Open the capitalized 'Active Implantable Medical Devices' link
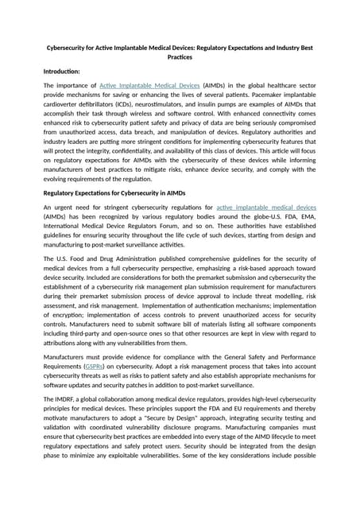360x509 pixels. click(149, 84)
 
